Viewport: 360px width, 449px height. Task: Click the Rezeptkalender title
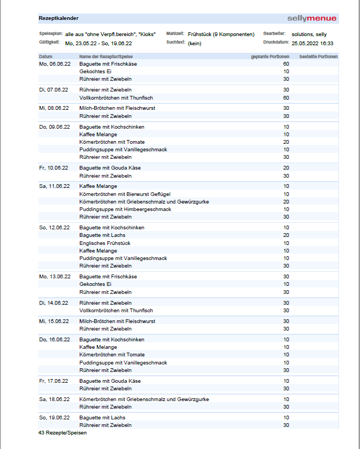tap(58, 18)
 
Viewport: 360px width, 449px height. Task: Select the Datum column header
tap(46, 57)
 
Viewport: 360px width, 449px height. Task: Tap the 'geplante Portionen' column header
tap(270, 57)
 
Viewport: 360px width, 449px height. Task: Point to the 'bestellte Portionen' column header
tap(319, 57)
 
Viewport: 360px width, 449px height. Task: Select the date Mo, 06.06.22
tap(55, 64)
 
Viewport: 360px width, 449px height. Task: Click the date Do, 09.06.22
tap(55, 127)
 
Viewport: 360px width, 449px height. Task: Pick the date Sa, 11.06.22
tap(55, 186)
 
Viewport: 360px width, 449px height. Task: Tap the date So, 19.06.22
tap(55, 418)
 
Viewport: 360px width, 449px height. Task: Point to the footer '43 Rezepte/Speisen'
tap(63, 432)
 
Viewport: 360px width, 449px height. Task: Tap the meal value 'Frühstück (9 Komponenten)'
tap(221, 34)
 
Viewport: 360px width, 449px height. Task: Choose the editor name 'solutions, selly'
tap(309, 34)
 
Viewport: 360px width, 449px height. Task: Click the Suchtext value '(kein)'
tap(195, 43)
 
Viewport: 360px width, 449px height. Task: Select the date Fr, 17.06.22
tap(54, 381)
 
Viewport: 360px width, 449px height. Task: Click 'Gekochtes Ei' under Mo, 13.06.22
tap(95, 284)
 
